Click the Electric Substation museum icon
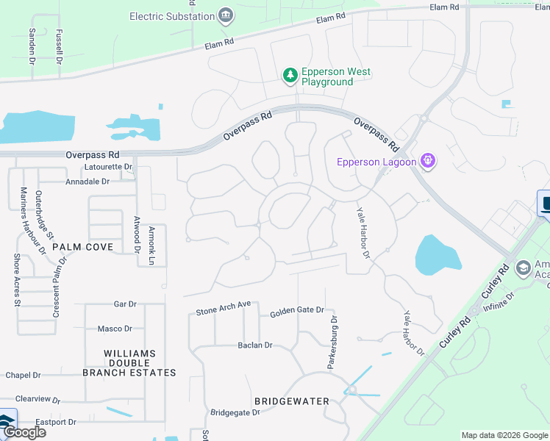pyautogui.click(x=226, y=15)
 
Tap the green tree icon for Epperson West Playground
pyautogui.click(x=290, y=76)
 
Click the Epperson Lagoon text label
pyautogui.click(x=375, y=162)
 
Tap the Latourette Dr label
pyautogui.click(x=107, y=167)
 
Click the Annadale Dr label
pyautogui.click(x=87, y=181)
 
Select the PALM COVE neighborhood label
pyautogui.click(x=82, y=247)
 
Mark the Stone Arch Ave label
pyautogui.click(x=224, y=308)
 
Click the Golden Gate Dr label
pyautogui.click(x=296, y=311)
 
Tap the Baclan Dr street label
pyautogui.click(x=254, y=345)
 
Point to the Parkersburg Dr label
pyautogui.click(x=332, y=343)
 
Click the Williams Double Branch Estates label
pyautogui.click(x=129, y=363)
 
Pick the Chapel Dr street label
pyautogui.click(x=22, y=375)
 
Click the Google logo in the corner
pyautogui.click(x=24, y=432)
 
